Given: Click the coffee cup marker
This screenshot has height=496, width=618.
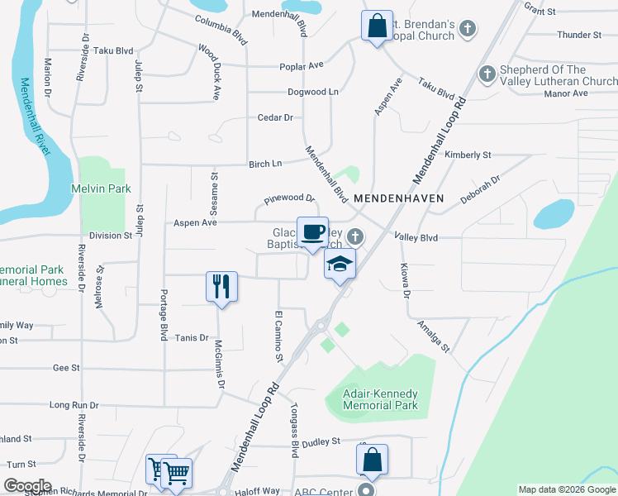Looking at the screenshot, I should coord(312,232).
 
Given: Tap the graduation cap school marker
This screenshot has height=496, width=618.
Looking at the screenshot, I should coord(339,265).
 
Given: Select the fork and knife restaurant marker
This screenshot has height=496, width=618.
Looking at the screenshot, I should coord(221,287).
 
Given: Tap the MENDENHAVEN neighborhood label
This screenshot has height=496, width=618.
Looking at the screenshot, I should coord(399,199).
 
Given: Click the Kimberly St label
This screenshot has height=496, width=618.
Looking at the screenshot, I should coord(468,155).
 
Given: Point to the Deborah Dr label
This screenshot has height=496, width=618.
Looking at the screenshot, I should coord(481,189).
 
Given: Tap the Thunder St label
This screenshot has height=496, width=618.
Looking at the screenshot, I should coord(579,35).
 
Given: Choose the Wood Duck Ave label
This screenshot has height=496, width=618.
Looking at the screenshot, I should coord(209,60).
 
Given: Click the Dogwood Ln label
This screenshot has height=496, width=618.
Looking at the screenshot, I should coord(312,92).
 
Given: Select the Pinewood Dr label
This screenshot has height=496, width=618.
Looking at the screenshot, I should coord(290,199).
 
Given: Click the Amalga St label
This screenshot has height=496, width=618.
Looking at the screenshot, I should coord(433,336).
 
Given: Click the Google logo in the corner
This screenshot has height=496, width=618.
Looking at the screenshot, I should coord(26,486).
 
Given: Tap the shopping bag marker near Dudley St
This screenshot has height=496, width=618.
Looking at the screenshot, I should coord(372,459).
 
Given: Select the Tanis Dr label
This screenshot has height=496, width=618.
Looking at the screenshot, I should coord(191,337).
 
